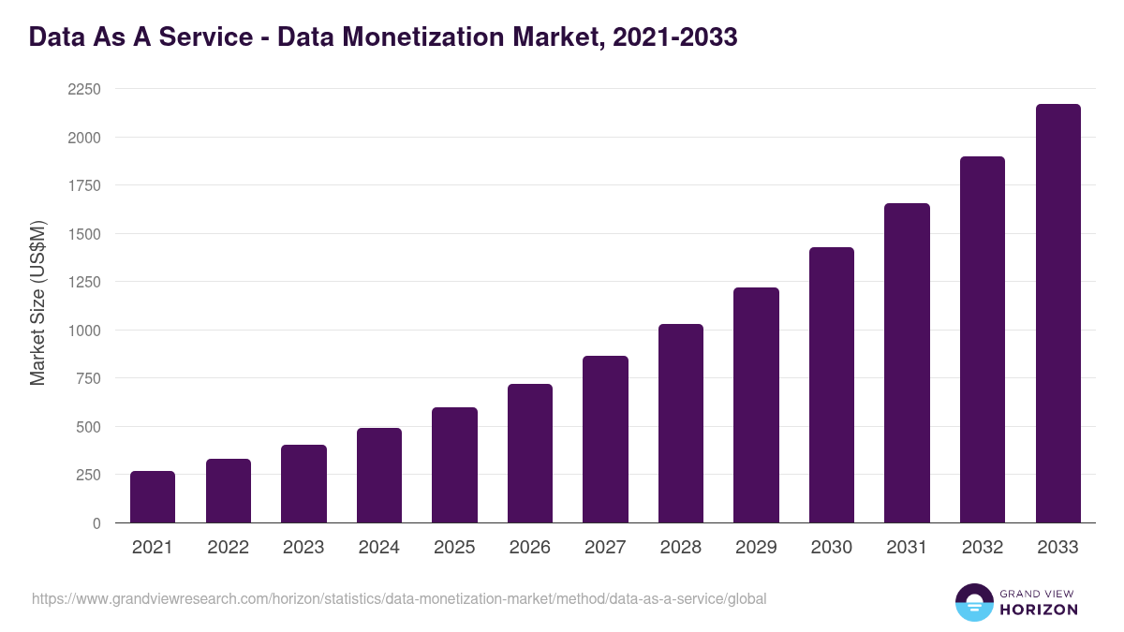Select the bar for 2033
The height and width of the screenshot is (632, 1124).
(1057, 313)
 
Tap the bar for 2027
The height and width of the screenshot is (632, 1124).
(605, 439)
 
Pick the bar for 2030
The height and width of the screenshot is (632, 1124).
(832, 385)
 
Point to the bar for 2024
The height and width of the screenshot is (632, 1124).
(379, 475)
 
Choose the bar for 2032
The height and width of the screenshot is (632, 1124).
(983, 339)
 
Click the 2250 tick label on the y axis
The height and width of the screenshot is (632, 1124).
(83, 89)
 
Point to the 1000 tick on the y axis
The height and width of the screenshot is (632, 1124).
(83, 331)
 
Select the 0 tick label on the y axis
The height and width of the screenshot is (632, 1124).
(96, 523)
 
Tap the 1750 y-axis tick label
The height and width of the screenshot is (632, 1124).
(83, 185)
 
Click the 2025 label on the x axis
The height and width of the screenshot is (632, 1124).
(454, 548)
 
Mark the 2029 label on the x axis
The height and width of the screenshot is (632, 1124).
(756, 548)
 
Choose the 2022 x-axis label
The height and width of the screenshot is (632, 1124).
(228, 548)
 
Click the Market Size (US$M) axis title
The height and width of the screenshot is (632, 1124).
(37, 304)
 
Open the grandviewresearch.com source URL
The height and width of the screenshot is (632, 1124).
(399, 598)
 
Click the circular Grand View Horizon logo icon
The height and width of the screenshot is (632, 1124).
(973, 602)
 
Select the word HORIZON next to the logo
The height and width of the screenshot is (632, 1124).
(1038, 610)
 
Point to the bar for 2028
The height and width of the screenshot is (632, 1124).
(681, 423)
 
